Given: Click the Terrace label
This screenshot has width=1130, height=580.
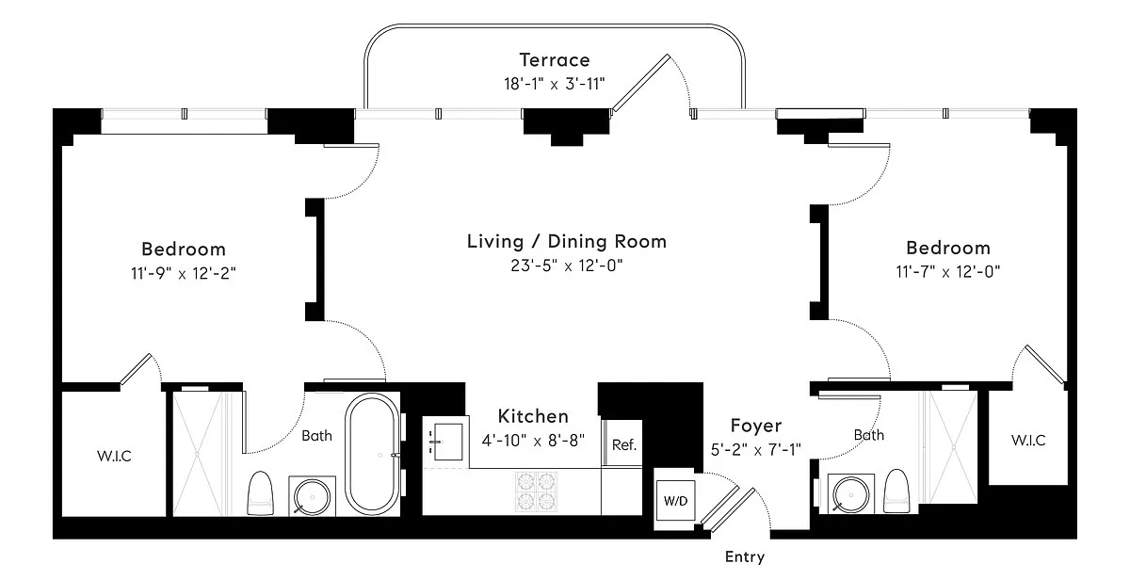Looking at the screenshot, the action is coord(555,60).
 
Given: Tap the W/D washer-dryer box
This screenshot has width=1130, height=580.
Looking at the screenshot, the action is coord(675,500).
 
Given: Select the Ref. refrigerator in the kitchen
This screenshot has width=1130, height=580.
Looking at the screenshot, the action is coord(623,443).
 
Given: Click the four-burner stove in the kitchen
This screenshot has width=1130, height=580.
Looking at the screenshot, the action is coord(536,491).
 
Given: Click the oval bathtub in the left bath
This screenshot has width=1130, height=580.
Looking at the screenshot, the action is coord(372,454).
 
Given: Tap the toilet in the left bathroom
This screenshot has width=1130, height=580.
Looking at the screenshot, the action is coord(260,493).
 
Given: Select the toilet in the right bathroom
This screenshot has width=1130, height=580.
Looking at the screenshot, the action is coord(896,491).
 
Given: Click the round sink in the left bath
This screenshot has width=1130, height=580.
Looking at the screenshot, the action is coord(312,497).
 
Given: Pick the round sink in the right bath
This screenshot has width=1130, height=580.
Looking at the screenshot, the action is coord(851,494).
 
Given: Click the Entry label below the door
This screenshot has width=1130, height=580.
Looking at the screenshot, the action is coord(745,556).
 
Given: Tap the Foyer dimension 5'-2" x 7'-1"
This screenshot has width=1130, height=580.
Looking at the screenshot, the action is coord(755,449).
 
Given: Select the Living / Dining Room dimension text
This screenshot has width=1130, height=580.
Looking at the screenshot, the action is coord(567,266).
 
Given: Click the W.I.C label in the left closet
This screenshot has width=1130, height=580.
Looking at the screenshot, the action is coord(114,456).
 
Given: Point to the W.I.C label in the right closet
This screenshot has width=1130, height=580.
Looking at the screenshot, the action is coord(1028,441).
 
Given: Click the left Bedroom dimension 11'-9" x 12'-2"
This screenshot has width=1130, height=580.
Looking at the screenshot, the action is coord(183,273).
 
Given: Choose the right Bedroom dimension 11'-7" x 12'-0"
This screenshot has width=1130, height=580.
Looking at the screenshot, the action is coord(948,272).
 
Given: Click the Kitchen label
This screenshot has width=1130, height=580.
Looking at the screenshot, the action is coord(533,416).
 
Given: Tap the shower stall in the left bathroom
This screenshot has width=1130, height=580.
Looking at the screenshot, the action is coord(197,454).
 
